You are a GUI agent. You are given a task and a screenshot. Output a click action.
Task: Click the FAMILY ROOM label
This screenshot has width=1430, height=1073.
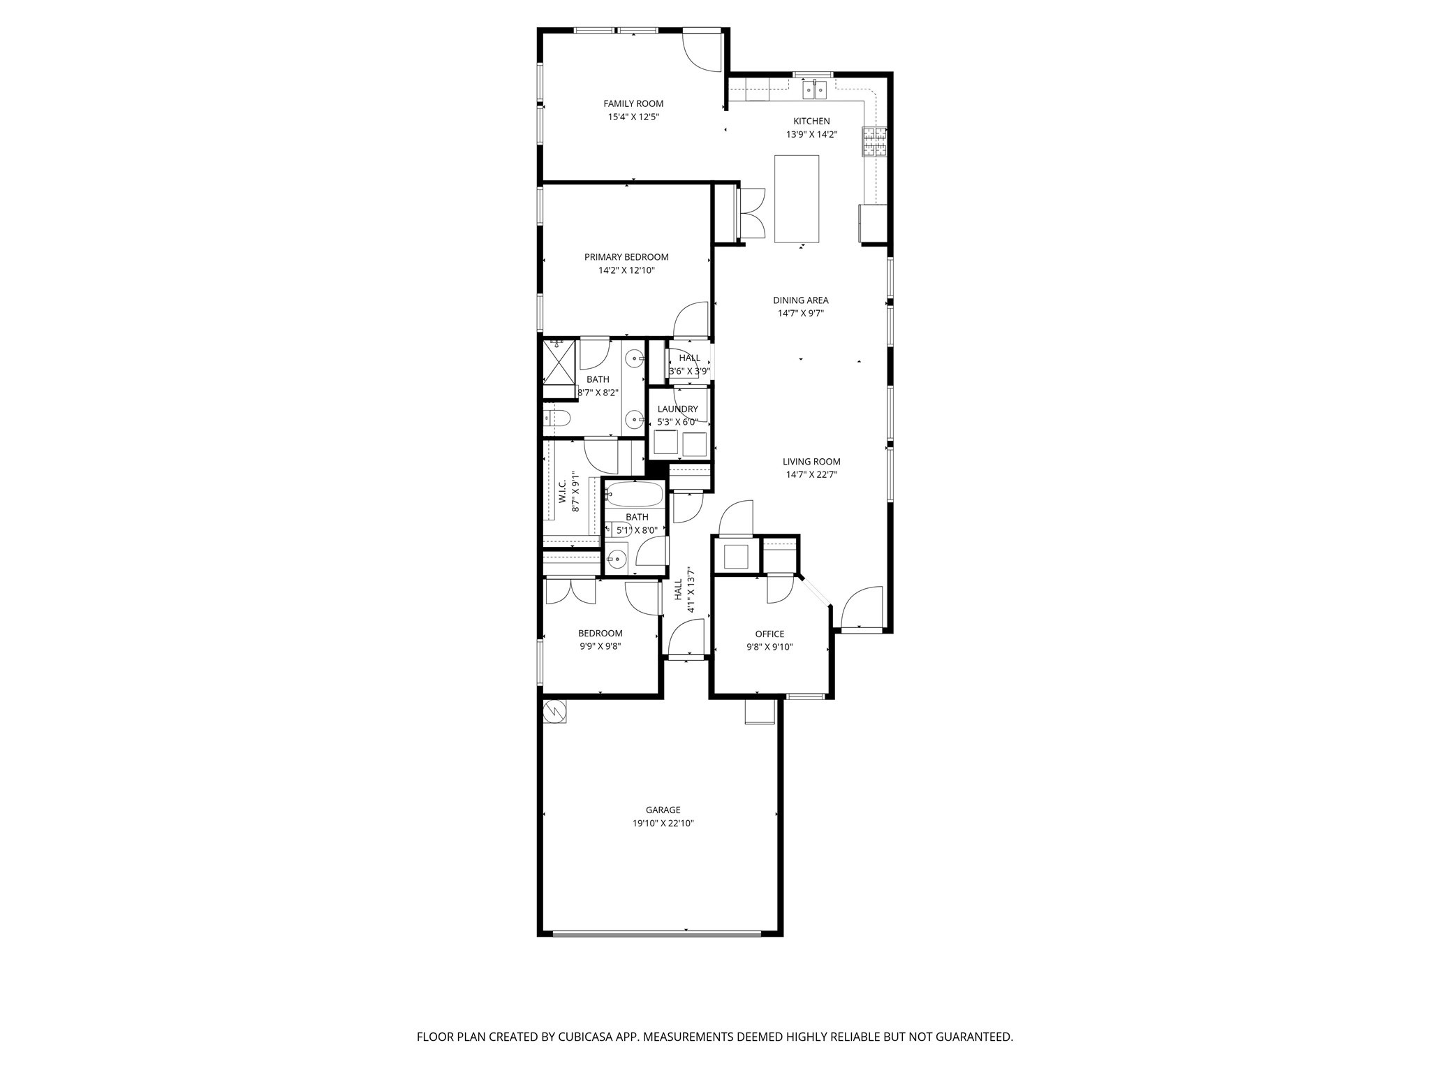[633, 103]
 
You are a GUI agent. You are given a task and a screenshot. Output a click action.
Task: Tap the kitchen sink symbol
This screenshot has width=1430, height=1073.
[814, 89]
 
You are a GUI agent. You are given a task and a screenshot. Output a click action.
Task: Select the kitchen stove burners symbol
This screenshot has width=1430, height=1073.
[874, 142]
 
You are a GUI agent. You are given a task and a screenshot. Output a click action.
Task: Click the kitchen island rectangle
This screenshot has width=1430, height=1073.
[797, 199]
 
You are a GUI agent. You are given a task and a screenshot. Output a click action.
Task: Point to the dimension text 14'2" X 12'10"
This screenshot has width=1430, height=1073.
[626, 270]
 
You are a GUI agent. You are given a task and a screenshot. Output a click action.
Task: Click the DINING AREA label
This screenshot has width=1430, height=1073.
[800, 300]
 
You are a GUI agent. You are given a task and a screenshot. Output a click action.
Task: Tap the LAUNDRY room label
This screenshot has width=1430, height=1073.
[677, 409]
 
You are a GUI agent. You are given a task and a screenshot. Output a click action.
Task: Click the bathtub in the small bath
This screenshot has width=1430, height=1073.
[634, 495]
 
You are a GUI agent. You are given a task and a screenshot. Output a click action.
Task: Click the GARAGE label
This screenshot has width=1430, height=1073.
[663, 810]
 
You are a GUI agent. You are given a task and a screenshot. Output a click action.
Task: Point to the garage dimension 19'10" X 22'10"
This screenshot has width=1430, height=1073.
[663, 824]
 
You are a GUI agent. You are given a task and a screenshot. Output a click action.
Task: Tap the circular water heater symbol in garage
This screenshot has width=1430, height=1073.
[555, 711]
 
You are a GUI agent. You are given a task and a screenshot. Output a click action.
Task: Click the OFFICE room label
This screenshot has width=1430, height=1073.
[769, 634]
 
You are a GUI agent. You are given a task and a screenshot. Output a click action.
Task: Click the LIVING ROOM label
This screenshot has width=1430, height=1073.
[811, 461]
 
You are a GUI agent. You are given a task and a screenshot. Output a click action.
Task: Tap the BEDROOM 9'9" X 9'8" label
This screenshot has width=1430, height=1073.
[600, 633]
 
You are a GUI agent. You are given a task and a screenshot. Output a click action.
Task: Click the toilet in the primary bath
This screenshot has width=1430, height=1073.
[558, 418]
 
